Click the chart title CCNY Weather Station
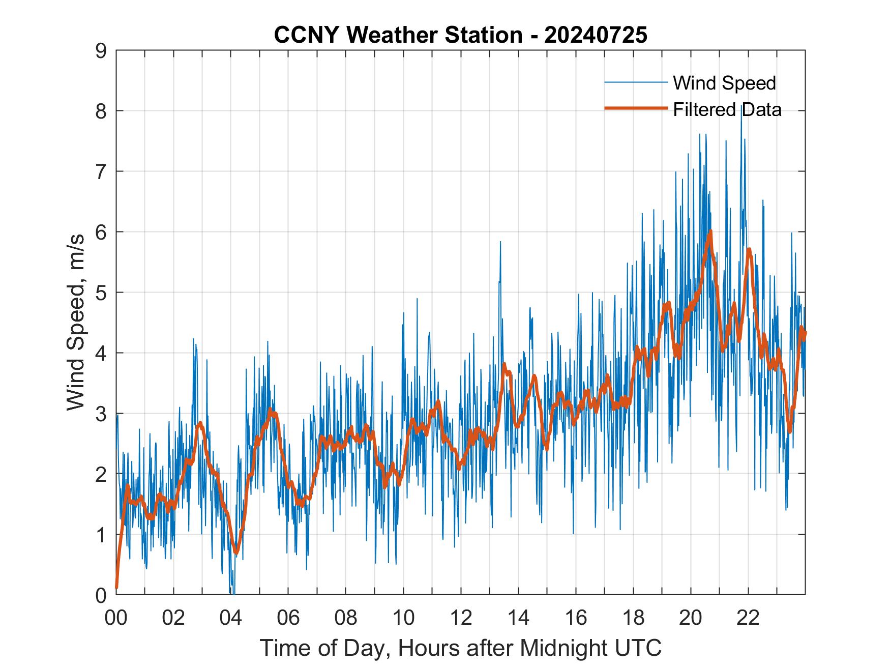(398, 35)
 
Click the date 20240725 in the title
(596, 35)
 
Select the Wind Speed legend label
(724, 83)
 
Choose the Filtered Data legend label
(727, 109)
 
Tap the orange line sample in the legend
(636, 108)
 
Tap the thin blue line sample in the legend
(636, 82)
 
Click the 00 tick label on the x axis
(116, 618)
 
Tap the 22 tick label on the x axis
(748, 618)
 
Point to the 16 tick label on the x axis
(576, 618)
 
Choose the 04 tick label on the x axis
(231, 618)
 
